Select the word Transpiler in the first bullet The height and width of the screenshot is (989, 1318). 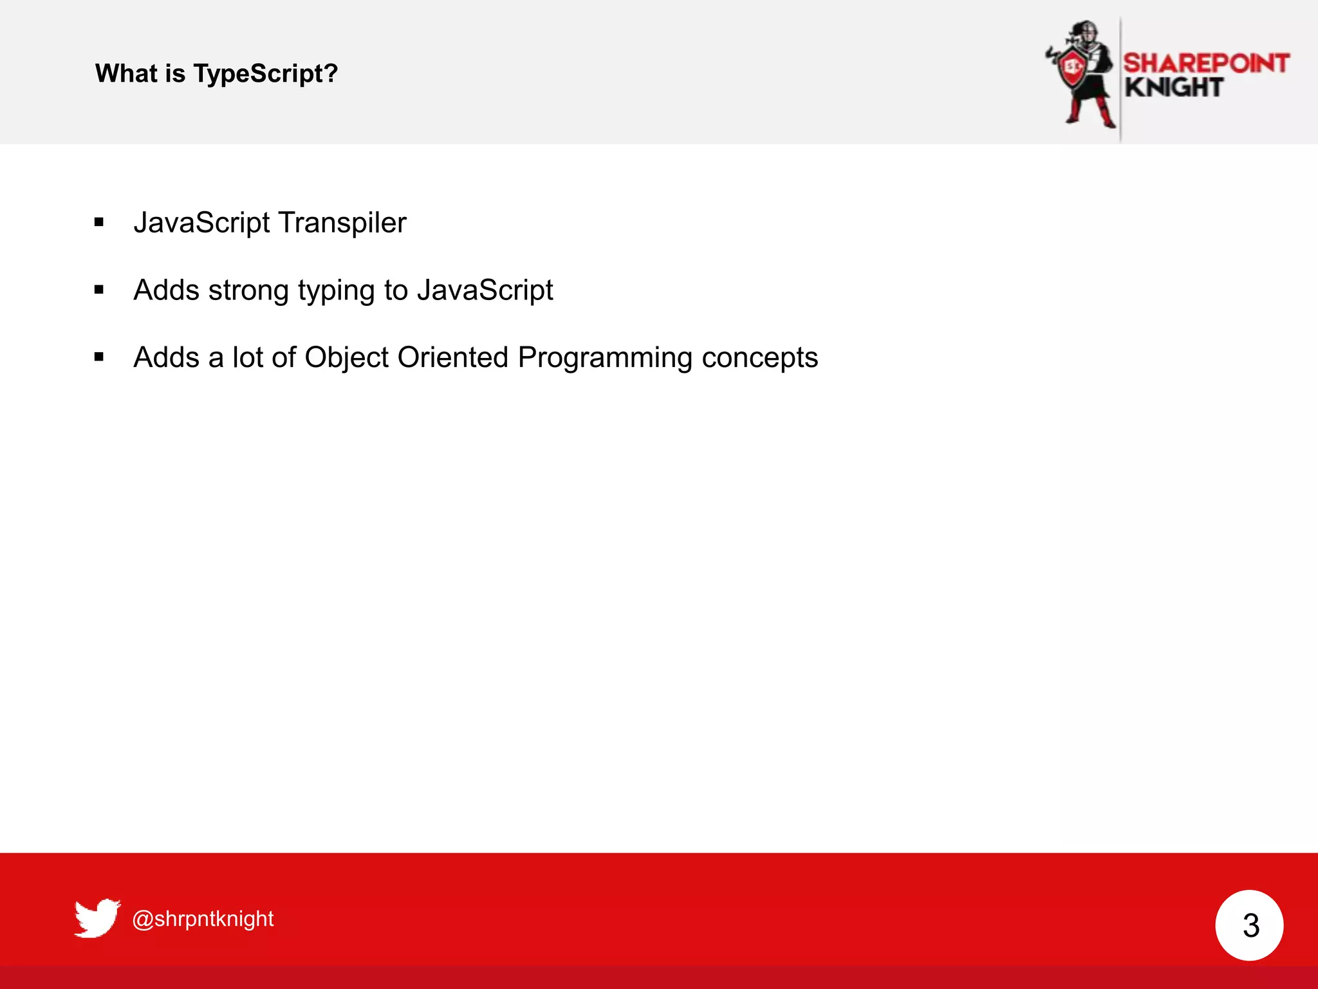coord(342,223)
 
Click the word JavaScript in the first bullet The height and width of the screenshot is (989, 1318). coord(202,223)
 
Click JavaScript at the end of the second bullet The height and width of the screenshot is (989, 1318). coord(485,290)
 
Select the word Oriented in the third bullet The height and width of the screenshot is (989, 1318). coord(453,357)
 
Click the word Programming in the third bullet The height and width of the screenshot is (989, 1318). coord(605,358)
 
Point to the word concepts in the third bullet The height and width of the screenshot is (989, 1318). coord(759,358)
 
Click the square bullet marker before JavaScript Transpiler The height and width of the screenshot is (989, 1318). coord(99,223)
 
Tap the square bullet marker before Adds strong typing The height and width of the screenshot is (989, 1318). coord(99,290)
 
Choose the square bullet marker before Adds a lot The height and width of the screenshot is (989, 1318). coord(99,357)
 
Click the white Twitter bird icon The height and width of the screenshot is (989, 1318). coord(97,918)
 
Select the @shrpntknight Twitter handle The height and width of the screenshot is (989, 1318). coord(203,918)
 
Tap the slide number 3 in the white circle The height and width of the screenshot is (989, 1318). coord(1250,925)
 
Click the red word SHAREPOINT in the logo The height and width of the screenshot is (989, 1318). coord(1206,63)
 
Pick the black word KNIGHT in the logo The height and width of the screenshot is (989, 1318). coord(1174,88)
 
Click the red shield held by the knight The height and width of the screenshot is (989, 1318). coord(1072,67)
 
